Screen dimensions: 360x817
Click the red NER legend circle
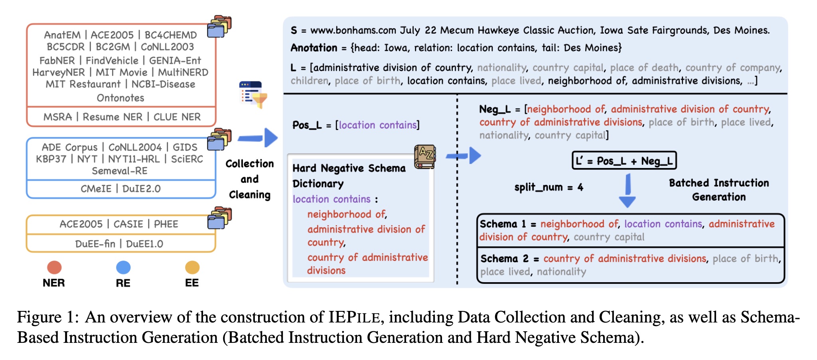(x=54, y=267)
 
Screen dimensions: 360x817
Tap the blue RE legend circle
(x=123, y=267)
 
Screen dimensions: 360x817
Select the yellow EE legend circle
(x=192, y=267)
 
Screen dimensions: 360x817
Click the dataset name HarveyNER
(x=59, y=72)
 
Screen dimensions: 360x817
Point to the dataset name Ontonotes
(x=120, y=98)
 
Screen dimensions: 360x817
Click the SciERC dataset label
(x=187, y=159)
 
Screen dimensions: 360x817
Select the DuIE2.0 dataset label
(x=142, y=189)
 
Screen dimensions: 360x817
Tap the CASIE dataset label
(x=128, y=224)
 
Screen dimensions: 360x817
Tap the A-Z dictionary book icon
(x=425, y=156)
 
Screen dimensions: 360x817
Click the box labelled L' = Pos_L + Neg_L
(x=624, y=161)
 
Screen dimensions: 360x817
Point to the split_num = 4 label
(x=549, y=187)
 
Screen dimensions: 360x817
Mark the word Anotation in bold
(x=314, y=48)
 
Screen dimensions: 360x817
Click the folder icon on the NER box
(x=219, y=26)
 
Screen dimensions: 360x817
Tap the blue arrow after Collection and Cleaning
(x=258, y=138)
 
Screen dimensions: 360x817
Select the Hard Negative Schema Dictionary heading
(x=349, y=176)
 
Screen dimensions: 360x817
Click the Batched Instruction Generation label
(x=719, y=190)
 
